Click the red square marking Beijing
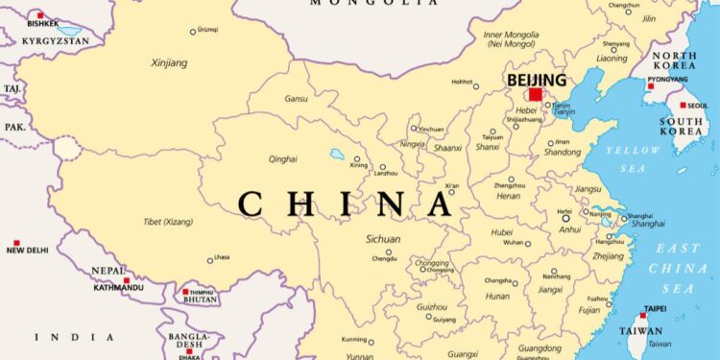coord(535,94)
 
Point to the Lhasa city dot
coord(210,259)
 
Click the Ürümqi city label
coord(209,30)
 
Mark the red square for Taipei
coord(644,314)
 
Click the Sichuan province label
coord(383,238)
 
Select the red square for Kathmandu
coord(126,280)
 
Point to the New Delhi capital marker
coord(16,243)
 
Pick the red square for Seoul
coord(683,105)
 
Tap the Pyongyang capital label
coord(666,79)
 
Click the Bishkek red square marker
coord(40,15)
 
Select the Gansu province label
coord(296,98)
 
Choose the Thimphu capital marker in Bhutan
coord(185,291)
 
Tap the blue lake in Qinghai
coord(338,153)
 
